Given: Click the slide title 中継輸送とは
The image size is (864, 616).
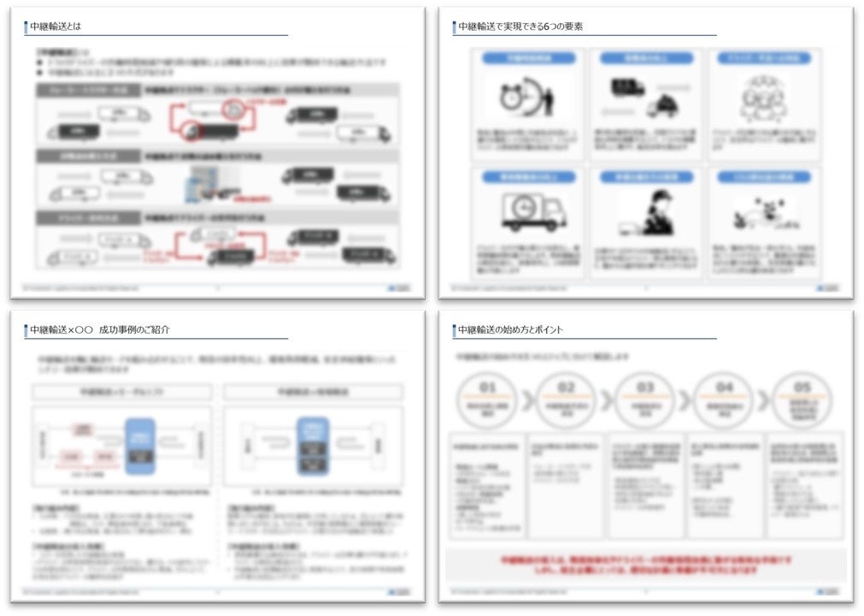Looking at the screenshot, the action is [56, 27].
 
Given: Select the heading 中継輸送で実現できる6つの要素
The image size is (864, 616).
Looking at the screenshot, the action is [520, 27].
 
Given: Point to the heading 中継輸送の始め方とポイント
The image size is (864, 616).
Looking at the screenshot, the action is [510, 329].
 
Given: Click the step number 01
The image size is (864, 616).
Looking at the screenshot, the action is [487, 388].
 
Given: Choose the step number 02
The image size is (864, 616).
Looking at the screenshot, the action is [566, 388].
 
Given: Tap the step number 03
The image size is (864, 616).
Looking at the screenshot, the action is [644, 388].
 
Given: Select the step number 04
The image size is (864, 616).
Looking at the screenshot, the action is [724, 388].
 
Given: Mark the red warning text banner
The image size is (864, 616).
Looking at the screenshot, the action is [645, 565].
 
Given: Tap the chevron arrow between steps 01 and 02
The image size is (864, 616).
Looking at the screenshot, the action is [527, 400].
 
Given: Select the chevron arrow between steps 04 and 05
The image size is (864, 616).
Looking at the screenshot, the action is [763, 400].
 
